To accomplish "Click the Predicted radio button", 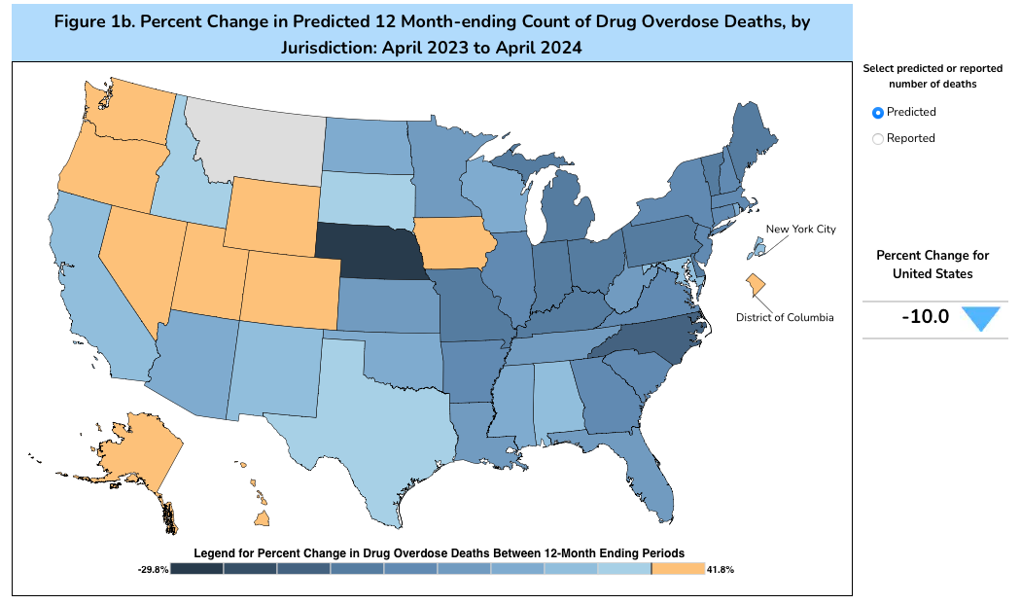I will click(878, 113).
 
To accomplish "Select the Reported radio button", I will click(878, 139).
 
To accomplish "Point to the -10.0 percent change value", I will click(925, 317).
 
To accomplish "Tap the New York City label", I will click(800, 230).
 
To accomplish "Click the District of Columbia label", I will click(785, 317).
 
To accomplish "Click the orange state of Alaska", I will click(136, 457).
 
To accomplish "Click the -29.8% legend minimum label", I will click(154, 569).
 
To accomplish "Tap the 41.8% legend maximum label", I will click(721, 569).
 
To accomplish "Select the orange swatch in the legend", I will click(678, 569).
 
